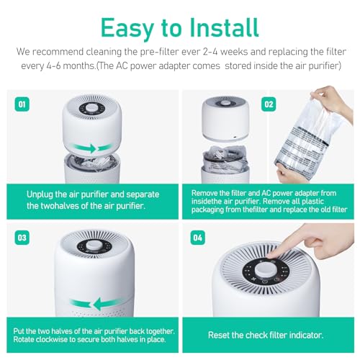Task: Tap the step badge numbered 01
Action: [x=22, y=104]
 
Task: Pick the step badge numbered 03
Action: [x=22, y=236]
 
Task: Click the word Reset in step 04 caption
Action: [x=220, y=335]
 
